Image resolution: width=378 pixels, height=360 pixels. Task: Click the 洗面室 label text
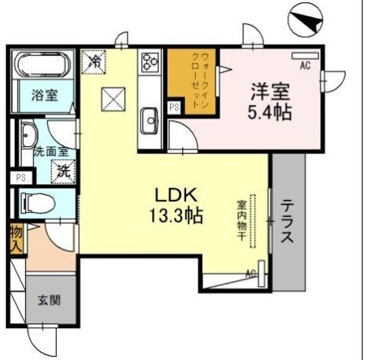(x=46, y=151)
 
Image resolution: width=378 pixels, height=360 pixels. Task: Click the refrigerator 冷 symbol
(x=93, y=59)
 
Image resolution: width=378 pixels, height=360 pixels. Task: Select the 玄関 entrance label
(x=47, y=297)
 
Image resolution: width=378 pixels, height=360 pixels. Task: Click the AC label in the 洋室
(x=306, y=64)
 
